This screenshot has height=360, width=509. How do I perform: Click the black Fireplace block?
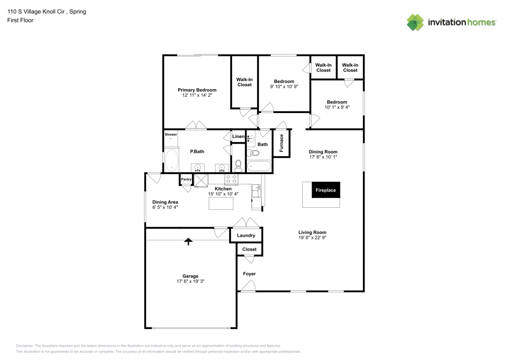coord(326,190)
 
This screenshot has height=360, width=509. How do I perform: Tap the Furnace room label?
coord(281,143)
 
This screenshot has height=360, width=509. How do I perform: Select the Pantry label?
coord(186,179)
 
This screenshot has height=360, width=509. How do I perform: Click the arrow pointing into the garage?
coord(188,241)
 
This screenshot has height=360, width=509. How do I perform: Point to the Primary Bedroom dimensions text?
coord(196,95)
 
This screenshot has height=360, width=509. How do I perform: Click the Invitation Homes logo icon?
coord(415,22)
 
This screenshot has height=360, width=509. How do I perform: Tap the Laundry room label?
coord(246,235)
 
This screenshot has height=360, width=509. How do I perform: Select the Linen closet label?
coord(238,136)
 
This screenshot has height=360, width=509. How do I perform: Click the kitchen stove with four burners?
coord(231,179)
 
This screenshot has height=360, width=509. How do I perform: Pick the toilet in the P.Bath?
coord(238,164)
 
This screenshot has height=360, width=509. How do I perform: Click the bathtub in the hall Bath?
coord(259,166)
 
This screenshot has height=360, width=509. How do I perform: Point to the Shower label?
coord(171,134)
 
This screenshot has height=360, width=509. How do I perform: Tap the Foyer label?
coord(249,274)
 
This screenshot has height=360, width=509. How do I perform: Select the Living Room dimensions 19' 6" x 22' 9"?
coord(312,238)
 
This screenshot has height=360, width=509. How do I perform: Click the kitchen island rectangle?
coord(221,203)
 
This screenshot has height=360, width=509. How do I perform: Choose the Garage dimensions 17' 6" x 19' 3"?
coord(191,281)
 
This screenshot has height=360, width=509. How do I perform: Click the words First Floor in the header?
coord(20,20)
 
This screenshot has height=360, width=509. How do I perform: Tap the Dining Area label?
coord(165,202)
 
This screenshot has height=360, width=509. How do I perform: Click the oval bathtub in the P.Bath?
coord(172,160)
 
